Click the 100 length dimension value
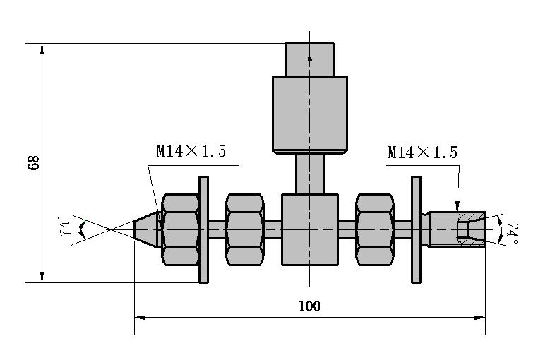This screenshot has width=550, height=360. tap(309, 306)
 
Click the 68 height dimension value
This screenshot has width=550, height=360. tap(32, 163)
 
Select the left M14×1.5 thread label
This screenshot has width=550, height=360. tap(191, 151)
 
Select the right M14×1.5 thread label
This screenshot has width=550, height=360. tap(422, 152)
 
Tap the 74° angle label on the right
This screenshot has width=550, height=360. tap(513, 234)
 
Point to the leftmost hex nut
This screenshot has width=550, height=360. tap(181, 229)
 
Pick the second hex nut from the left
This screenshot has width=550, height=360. tap(245, 229)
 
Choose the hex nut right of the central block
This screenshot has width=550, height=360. tap(375, 229)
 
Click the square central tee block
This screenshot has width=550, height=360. tap(309, 230)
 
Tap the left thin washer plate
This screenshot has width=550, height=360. tap(204, 229)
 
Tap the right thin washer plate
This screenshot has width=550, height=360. tap(416, 229)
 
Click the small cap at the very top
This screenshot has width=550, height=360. tap(309, 59)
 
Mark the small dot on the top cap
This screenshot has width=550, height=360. tap(309, 59)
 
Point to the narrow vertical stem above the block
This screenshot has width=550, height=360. tap(309, 174)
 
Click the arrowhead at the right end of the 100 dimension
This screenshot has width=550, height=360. tap(480, 318)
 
